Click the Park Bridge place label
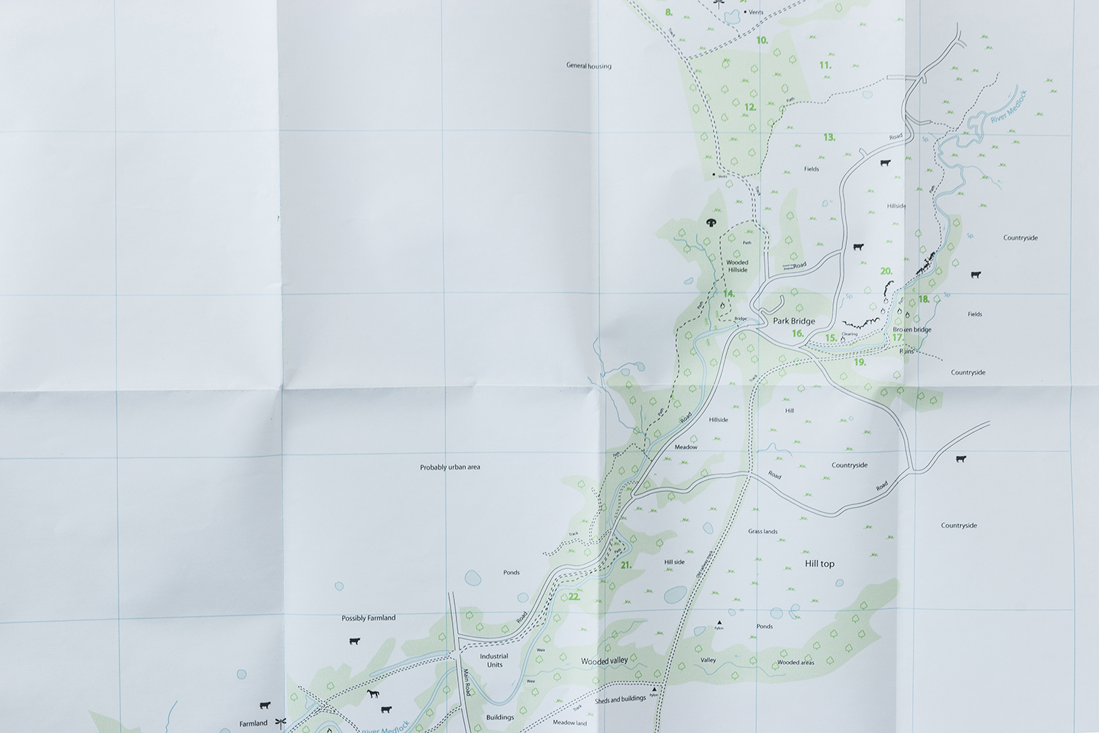tap(793, 321)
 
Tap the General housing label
tap(588, 66)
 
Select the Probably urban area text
tap(450, 467)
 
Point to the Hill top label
tap(819, 564)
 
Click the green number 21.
tap(626, 565)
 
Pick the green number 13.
tap(829, 137)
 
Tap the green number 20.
tap(886, 271)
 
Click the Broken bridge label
tap(912, 330)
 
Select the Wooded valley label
tap(604, 661)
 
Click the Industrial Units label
tap(495, 660)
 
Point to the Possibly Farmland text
tap(369, 618)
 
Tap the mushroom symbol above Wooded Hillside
tap(711, 221)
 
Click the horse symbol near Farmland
tap(373, 693)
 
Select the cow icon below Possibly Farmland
tap(355, 641)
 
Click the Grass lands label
tap(763, 531)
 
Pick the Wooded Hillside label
tap(737, 266)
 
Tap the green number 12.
tap(750, 107)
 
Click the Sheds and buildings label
tap(621, 699)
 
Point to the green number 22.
tap(574, 597)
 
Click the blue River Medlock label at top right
tap(1009, 107)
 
